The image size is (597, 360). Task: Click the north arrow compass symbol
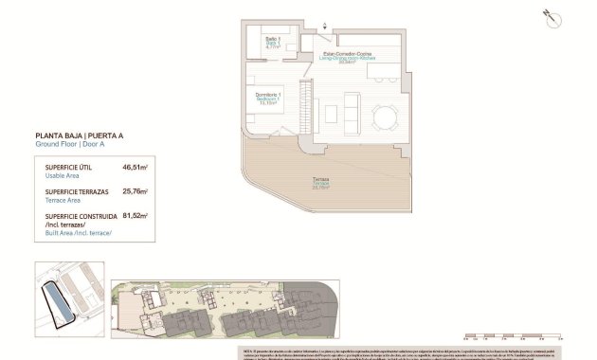548,16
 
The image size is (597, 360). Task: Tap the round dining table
386,118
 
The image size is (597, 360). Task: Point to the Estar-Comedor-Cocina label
350,58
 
